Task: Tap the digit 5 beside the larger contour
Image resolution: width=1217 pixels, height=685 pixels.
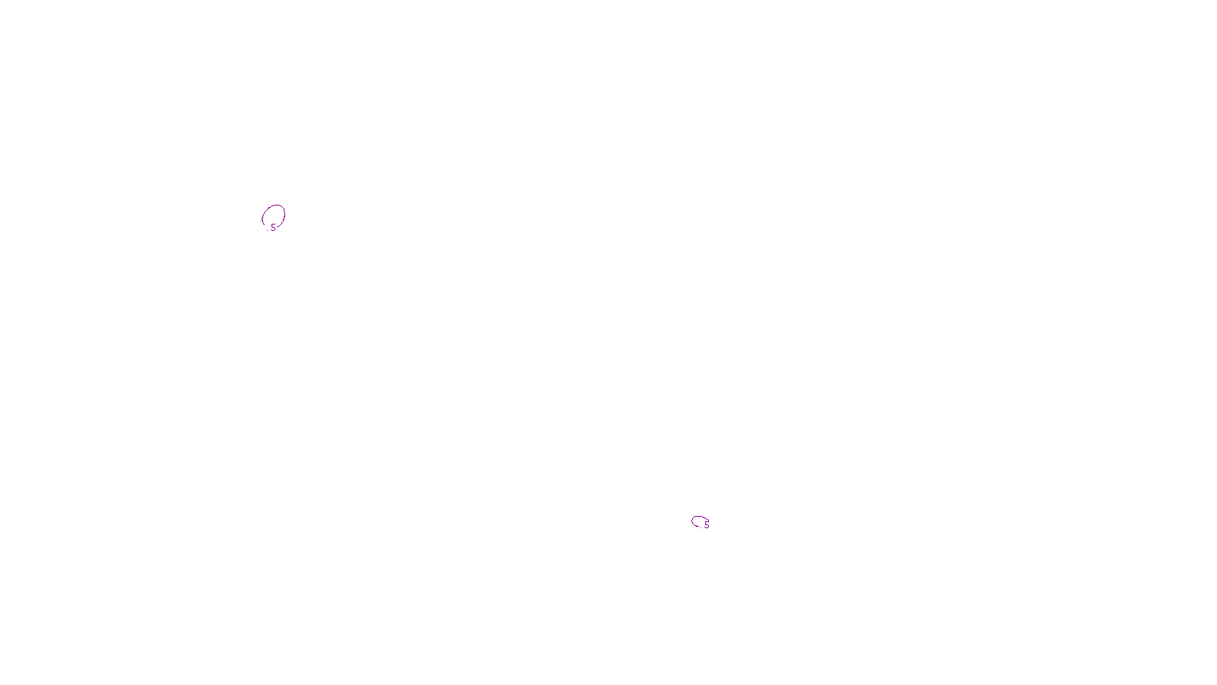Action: [274, 228]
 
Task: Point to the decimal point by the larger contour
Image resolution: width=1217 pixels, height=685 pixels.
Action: [270, 230]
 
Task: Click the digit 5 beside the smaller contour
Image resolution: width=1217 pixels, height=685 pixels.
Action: [707, 524]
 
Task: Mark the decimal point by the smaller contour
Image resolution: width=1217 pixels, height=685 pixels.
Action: [703, 527]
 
